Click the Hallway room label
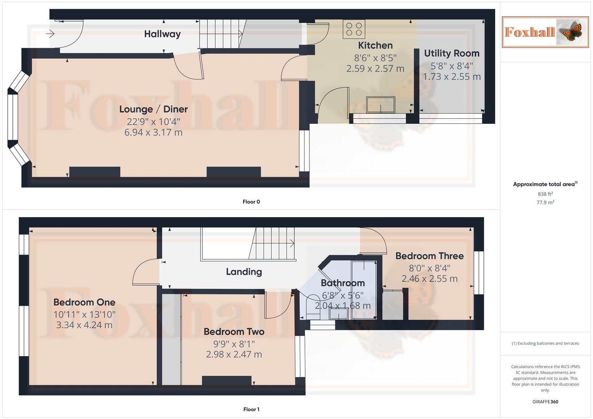[x=162, y=34]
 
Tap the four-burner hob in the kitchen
[x=354, y=29]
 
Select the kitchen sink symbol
[x=381, y=105]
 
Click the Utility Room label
[x=452, y=53]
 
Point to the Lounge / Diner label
[x=153, y=109]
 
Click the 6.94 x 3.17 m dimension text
[x=153, y=132]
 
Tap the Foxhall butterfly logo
[x=545, y=32]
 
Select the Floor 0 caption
[x=251, y=202]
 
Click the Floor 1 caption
[x=251, y=409]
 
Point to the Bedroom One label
[x=84, y=302]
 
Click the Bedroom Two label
[x=234, y=332]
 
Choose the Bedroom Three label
[x=430, y=256]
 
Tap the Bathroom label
[x=343, y=283]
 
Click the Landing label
[x=244, y=272]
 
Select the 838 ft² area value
[x=545, y=194]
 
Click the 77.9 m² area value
[x=545, y=202]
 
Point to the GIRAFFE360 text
[x=545, y=402]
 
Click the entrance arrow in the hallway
[x=50, y=34]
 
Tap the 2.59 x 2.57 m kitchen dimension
[x=375, y=69]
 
